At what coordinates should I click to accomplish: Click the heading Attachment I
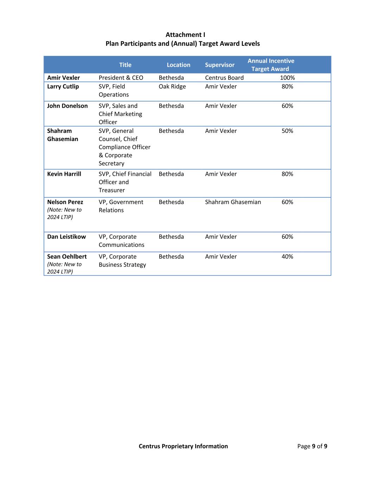[x=185, y=34]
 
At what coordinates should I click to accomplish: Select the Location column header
[x=178, y=65]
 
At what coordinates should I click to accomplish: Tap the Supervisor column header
[x=219, y=65]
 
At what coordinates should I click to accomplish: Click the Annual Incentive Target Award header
[x=270, y=65]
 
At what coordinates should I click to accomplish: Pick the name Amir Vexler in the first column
[x=63, y=78]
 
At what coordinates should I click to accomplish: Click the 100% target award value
[x=287, y=78]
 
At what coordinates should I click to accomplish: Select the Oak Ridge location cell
[x=172, y=87]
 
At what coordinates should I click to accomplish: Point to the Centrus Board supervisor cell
[x=224, y=78]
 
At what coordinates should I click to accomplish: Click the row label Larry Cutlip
[x=63, y=87]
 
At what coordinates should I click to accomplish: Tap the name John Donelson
[x=67, y=106]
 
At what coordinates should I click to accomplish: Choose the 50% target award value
[x=287, y=131]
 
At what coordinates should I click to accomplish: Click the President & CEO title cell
[x=121, y=78]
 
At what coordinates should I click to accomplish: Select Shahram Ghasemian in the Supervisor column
[x=233, y=202]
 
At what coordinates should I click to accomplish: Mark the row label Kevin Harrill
[x=64, y=174]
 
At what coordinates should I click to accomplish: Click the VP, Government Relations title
[x=121, y=206]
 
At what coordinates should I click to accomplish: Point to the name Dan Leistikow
[x=66, y=237]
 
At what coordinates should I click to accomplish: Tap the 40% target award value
[x=287, y=257]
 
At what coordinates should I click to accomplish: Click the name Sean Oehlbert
[x=67, y=257]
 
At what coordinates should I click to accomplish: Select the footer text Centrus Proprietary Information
[x=183, y=446]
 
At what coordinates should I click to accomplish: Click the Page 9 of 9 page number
[x=312, y=446]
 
